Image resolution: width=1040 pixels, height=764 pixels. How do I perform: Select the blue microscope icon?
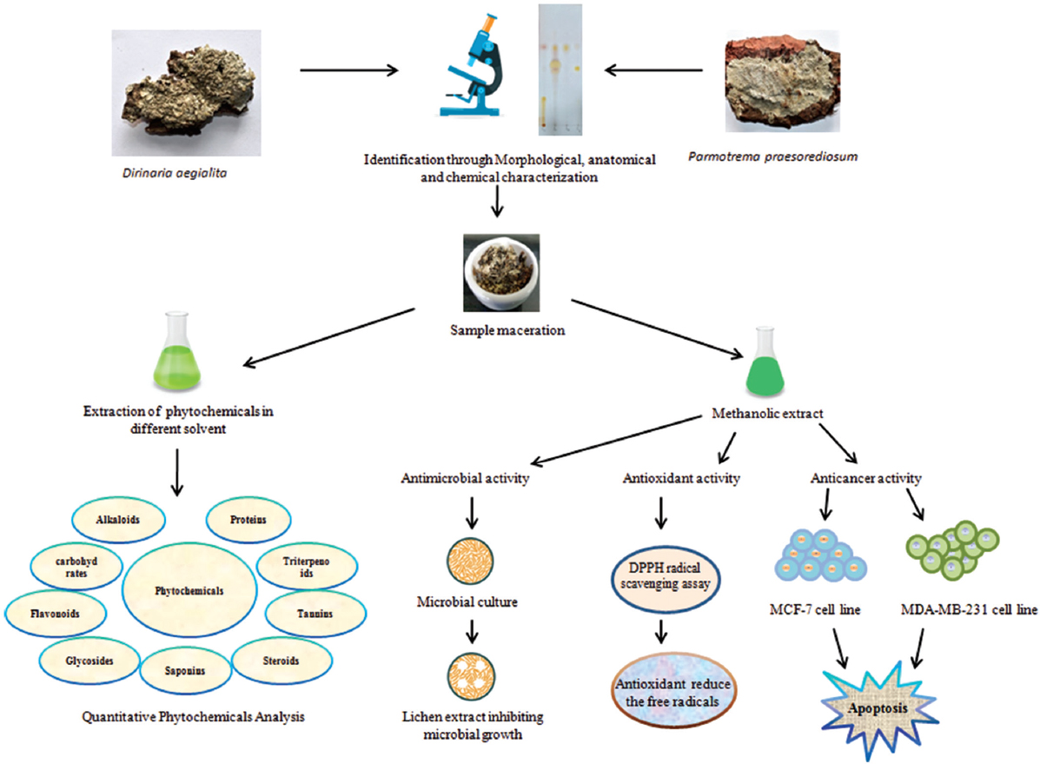click(x=479, y=69)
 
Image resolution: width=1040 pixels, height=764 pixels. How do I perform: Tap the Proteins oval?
click(x=248, y=519)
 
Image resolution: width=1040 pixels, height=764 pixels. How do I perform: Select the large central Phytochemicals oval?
click(x=190, y=590)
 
